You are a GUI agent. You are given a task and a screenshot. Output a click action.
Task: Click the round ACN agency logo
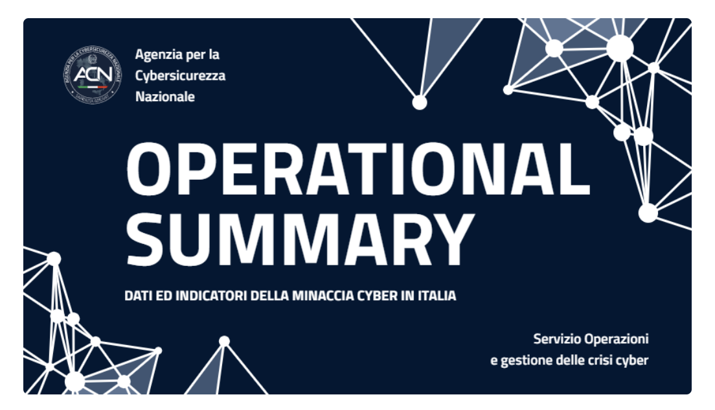(x=93, y=75)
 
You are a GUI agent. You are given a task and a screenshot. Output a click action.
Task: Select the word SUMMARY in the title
(x=301, y=239)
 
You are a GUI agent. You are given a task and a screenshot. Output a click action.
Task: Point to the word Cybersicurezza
(x=180, y=75)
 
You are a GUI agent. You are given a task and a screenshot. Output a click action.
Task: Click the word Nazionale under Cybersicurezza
(x=165, y=96)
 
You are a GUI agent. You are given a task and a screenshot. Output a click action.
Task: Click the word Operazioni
(x=617, y=339)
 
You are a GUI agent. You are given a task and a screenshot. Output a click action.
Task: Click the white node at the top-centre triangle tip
(x=420, y=102)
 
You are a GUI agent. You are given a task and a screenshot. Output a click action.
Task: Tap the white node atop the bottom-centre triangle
(x=224, y=341)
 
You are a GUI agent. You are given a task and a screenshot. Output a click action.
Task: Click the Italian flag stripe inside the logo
(x=93, y=86)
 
